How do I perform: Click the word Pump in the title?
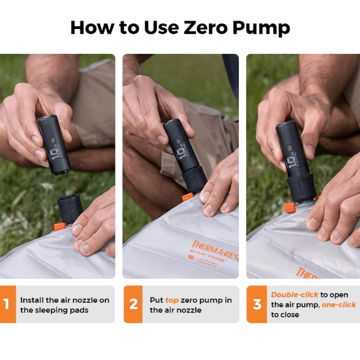tap(262, 28)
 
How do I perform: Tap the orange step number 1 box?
tap(8, 304)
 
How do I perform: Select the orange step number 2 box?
tap(133, 304)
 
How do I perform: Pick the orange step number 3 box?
tap(257, 304)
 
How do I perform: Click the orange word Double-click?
tap(294, 295)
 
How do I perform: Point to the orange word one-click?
tap(338, 305)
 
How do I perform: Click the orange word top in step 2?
tap(172, 300)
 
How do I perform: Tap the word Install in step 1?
tap(32, 300)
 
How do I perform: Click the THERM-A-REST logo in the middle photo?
tap(215, 248)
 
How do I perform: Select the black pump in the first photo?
tap(54, 144)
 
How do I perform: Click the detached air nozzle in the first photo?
tap(69, 208)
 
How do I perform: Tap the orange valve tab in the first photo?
tap(59, 226)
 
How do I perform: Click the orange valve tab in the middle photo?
tap(188, 197)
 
